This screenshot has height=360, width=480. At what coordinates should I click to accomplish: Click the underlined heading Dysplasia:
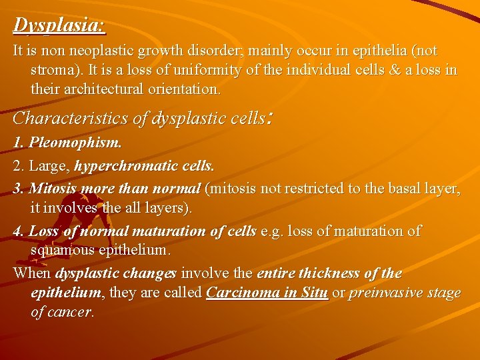coord(59,25)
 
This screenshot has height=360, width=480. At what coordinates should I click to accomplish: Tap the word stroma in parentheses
coord(53,70)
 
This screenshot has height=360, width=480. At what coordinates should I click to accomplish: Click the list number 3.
coord(18,189)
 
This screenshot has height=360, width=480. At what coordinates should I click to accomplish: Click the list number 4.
coord(18,231)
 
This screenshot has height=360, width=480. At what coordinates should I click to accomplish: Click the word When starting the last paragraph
coord(32,273)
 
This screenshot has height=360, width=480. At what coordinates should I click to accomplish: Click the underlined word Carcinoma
coord(246,293)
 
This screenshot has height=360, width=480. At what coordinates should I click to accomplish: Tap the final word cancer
coord(71,312)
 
